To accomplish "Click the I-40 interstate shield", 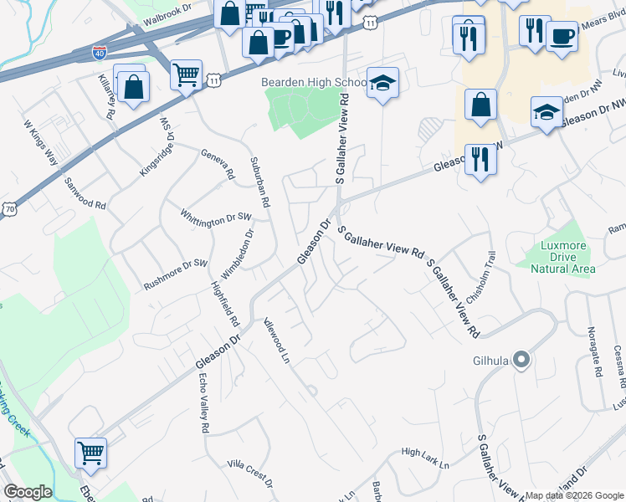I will coord(100,52).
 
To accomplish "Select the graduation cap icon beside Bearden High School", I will coord(382,83).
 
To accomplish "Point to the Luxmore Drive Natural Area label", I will coord(556,257).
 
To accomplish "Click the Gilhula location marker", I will coord(521,360).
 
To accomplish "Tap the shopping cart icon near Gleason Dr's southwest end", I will coord(90,453).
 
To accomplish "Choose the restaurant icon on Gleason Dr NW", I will coord(480,158).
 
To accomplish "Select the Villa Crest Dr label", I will coord(251,473).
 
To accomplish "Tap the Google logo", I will coord(28,492).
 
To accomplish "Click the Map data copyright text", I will coord(573,495).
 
